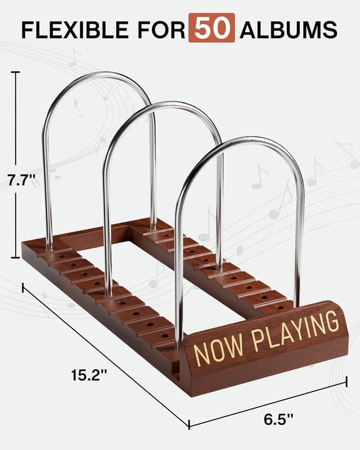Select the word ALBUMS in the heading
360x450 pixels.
[x=289, y=29]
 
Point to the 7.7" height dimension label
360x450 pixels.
[x=21, y=181]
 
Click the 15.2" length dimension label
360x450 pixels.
[x=87, y=373]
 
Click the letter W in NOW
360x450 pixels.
[x=236, y=344]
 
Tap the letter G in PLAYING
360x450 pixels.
[x=333, y=321]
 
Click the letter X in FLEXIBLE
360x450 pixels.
[x=71, y=29]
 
